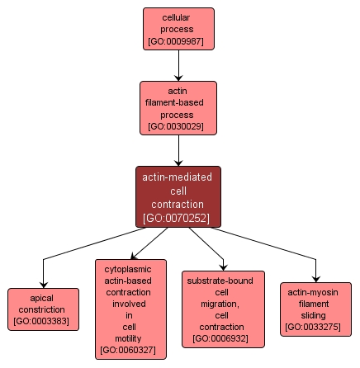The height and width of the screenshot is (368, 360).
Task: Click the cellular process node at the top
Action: coord(178,28)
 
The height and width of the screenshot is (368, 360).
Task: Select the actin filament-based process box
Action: coord(178,107)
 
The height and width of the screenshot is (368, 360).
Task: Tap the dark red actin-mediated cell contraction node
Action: coord(178,196)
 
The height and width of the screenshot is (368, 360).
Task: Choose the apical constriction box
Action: coord(43,309)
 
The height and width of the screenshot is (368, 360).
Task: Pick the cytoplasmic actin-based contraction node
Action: coord(130,309)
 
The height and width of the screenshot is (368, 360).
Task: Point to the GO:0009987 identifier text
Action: coord(178,40)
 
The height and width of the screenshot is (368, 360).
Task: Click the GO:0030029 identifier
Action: coord(178,127)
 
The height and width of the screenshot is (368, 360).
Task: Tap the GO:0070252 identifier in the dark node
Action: coord(178,219)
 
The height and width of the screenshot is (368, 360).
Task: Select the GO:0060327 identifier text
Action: coord(130,351)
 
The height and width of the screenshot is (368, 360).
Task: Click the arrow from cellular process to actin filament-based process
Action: coord(178,64)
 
